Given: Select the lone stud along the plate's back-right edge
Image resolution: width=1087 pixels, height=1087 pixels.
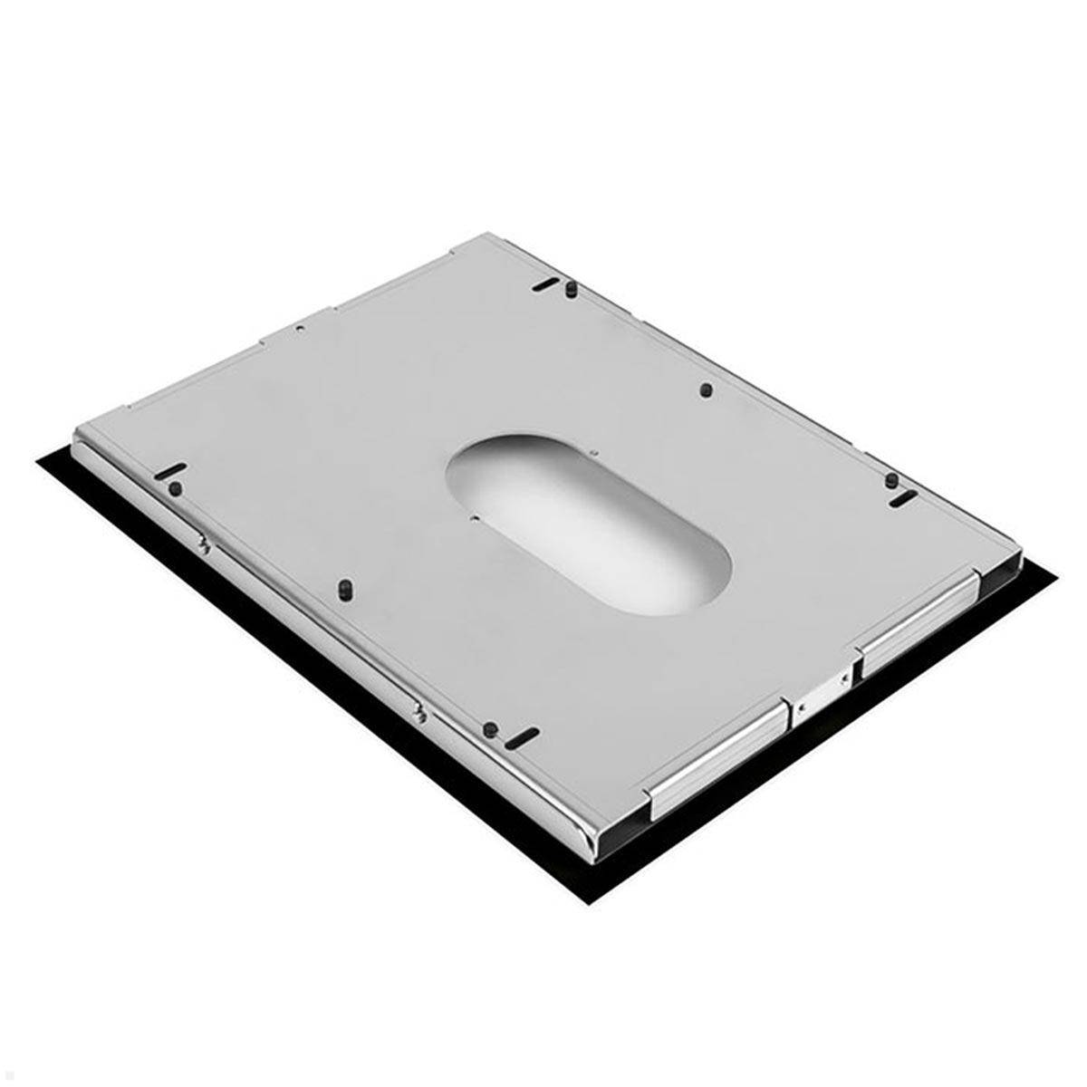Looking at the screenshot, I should tap(707, 390).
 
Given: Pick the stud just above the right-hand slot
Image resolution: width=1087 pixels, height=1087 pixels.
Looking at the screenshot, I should tap(891, 479).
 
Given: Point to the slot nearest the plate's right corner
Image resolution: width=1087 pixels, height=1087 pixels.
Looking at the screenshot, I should tap(902, 499).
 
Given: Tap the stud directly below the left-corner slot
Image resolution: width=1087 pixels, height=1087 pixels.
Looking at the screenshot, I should tap(175, 489).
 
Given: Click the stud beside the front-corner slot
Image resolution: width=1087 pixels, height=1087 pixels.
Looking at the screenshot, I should tap(490, 727).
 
